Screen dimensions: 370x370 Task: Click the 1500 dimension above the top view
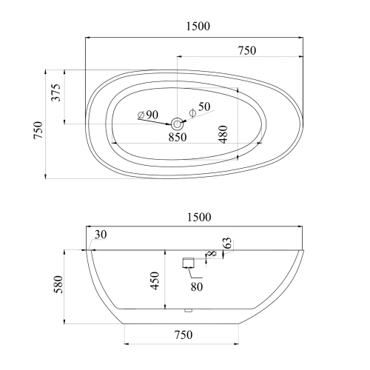198,26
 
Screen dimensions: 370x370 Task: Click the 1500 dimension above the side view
199,218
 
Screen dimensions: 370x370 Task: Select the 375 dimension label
56,92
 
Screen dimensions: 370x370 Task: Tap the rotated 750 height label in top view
38,129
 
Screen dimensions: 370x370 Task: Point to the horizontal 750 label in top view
247,50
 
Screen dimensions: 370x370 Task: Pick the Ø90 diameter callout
148,115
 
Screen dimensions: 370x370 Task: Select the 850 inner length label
178,137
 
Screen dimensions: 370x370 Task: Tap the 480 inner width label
223,135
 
